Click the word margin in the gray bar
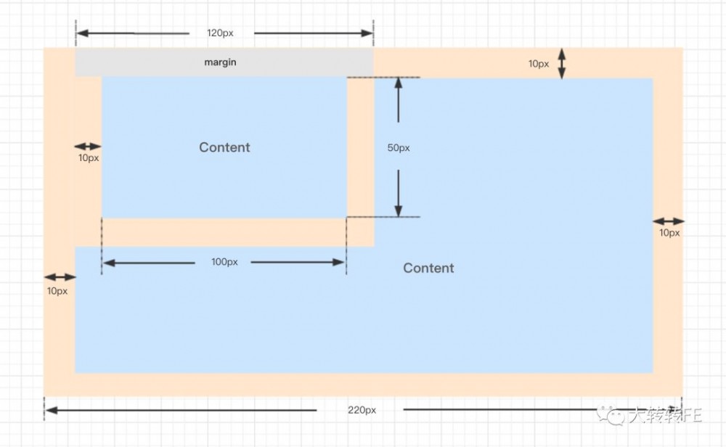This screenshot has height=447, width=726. pyautogui.click(x=220, y=62)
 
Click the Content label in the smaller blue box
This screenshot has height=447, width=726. pyautogui.click(x=224, y=147)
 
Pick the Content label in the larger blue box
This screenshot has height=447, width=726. pyautogui.click(x=428, y=268)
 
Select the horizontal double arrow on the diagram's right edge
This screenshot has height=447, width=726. pyautogui.click(x=669, y=221)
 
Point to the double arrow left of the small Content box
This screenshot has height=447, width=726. pyautogui.click(x=88, y=147)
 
